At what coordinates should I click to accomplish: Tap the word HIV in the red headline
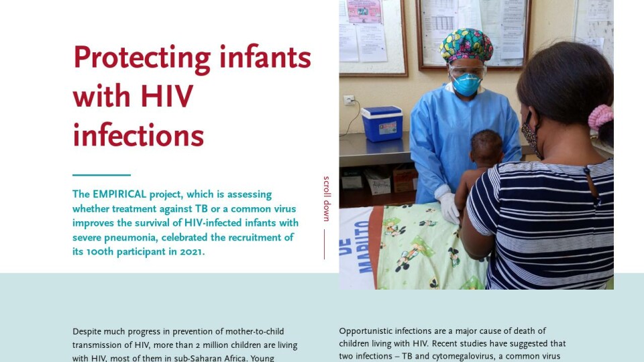166,97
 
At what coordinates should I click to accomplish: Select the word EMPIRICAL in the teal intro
119,194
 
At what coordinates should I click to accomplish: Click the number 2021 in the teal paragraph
192,251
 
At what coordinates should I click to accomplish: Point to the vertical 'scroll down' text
327,199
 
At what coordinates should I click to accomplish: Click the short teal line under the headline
101,175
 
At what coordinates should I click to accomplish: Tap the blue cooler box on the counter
382,123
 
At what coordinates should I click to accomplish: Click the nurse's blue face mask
466,84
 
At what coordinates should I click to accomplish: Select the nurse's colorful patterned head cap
466,45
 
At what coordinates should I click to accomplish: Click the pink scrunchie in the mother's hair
600,117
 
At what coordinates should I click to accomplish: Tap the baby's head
486,147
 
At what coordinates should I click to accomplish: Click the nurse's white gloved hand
449,208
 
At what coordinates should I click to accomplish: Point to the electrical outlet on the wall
349,100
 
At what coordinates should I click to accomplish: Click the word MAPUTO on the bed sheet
364,247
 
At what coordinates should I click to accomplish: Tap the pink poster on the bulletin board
364,11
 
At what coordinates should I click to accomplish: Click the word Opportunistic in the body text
364,331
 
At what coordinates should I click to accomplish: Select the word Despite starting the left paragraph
87,332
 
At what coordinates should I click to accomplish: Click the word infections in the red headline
138,135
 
